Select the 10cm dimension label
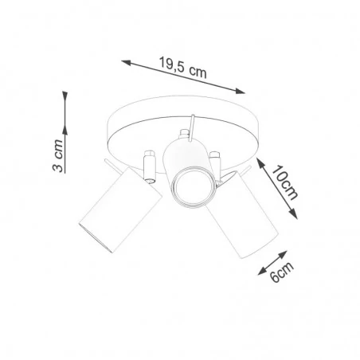point(284,182)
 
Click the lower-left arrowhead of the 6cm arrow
point(258,271)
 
